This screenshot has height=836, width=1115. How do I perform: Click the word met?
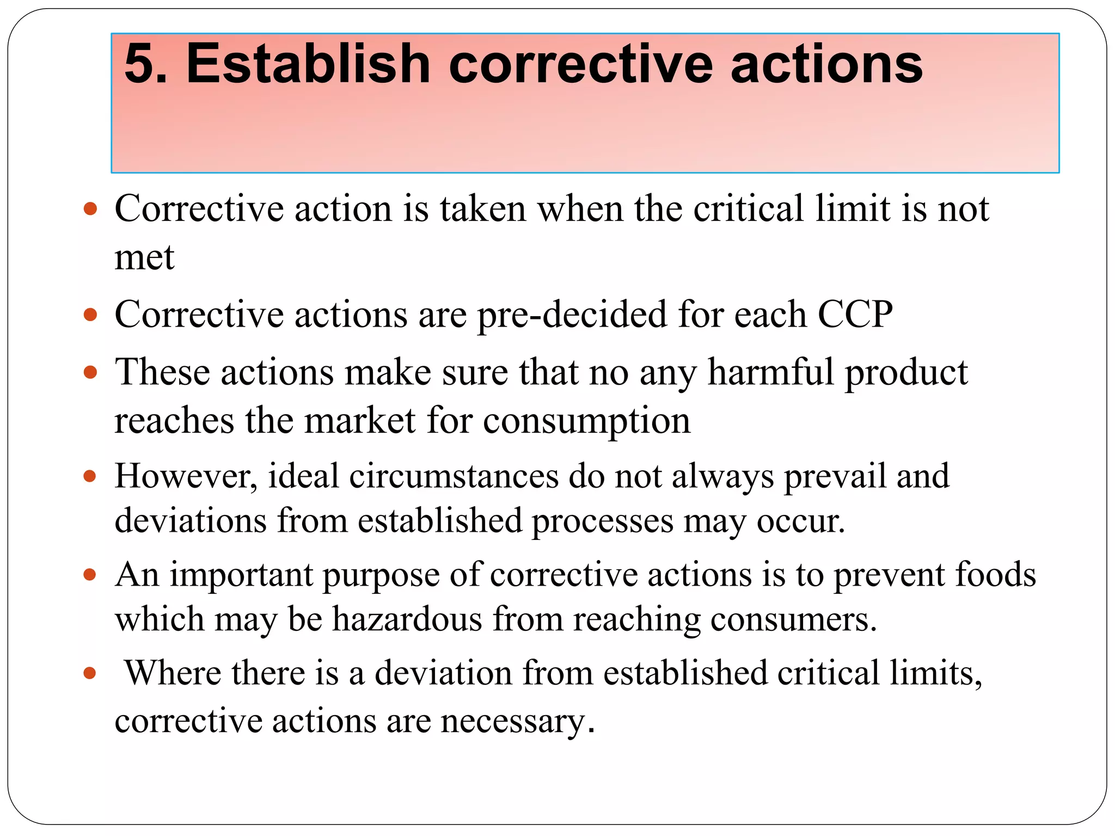coord(144,257)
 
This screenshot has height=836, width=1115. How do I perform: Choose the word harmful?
coord(770,373)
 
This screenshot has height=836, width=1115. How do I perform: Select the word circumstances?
coord(454,477)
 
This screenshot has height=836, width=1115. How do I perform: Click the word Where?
coord(173,673)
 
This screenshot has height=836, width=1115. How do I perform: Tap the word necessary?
coord(517,722)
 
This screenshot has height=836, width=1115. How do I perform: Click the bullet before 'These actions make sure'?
coord(90,373)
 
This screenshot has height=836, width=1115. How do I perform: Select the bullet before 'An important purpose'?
coord(90,575)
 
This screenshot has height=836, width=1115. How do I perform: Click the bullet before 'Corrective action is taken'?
coord(90,208)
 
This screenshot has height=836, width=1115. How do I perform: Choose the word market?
coord(360,421)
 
